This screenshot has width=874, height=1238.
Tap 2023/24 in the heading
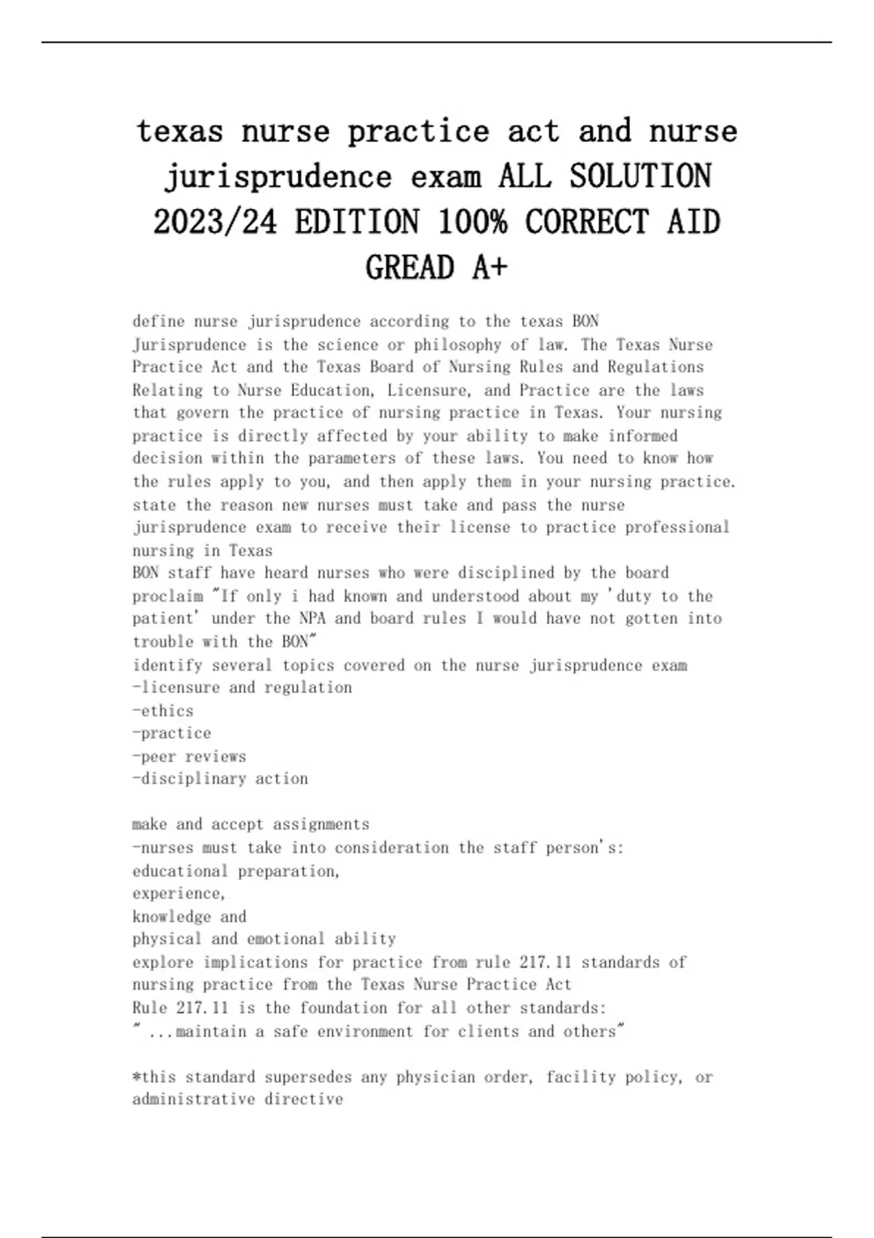(215, 222)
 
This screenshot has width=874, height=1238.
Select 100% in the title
(472, 222)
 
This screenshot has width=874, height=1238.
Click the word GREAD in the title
(409, 268)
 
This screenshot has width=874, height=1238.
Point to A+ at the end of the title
(489, 268)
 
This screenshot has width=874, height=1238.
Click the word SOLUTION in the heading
(640, 177)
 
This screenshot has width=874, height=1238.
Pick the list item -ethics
(163, 711)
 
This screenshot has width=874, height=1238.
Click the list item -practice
(172, 733)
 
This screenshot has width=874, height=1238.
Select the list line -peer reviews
(189, 757)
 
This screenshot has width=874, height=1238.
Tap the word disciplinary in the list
(193, 779)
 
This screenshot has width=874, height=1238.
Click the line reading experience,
(178, 894)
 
